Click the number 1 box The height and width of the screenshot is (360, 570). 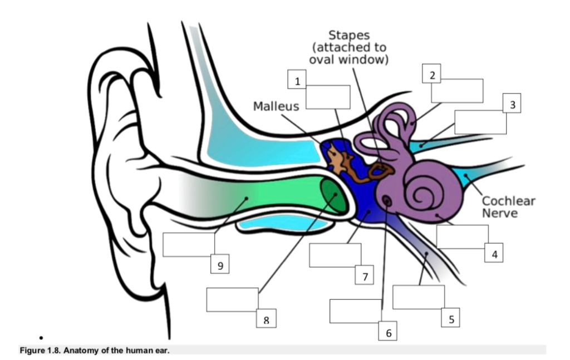coord(298,81)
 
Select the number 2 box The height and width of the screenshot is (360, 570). coord(432,75)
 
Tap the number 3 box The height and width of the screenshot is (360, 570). coord(512,104)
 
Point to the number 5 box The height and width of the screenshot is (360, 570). coord(451,319)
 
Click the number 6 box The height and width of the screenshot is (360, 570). coord(388,333)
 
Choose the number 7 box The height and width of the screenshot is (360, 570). coord(365,275)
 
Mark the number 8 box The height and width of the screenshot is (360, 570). coord(266,319)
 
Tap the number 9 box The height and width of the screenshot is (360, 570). coord(220,266)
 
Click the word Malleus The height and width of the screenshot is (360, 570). coord(276,106)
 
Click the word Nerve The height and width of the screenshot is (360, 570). coord(500,213)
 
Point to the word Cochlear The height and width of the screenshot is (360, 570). coord(508,201)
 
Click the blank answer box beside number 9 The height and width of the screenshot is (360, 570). coord(188,245)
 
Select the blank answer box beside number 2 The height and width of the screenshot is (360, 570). coord(457,91)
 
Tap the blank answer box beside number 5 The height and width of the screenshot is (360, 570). coord(418,297)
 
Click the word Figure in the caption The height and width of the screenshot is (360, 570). coord(32,350)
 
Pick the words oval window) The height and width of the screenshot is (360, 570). coord(348,60)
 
